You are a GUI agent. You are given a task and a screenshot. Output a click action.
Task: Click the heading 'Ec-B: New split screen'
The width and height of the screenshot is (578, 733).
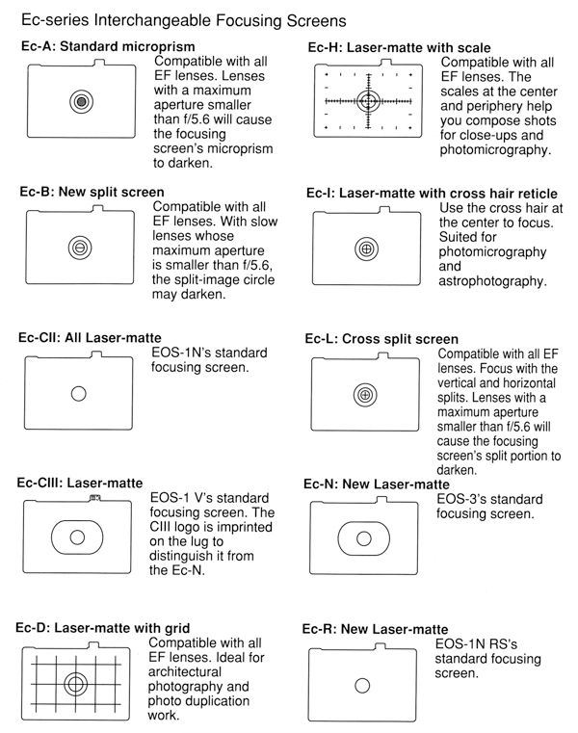(x=92, y=192)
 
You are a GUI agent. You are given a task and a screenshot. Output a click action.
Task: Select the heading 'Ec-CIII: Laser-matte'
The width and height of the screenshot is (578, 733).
(x=82, y=483)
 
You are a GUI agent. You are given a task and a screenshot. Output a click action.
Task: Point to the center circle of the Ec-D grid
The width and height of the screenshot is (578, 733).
(x=74, y=685)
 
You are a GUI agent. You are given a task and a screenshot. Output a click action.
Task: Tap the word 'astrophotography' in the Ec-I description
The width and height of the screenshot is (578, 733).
(x=492, y=282)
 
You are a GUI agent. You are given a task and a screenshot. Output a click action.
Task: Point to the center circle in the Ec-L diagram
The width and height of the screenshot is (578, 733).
(x=365, y=395)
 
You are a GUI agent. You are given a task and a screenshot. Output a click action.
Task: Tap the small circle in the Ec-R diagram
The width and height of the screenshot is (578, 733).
(x=362, y=685)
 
